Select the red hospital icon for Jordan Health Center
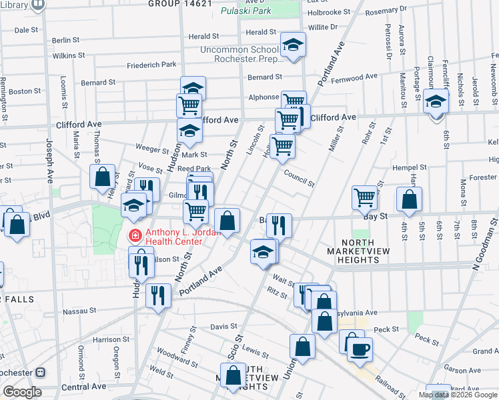pos(134,235)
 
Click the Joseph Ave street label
pos(49,160)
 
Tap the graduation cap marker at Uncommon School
pos(293,45)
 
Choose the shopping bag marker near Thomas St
pos(103,177)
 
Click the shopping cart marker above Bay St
pos(365,197)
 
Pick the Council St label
pos(298,175)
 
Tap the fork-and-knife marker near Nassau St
pos(158,295)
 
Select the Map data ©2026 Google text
pos(458,395)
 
